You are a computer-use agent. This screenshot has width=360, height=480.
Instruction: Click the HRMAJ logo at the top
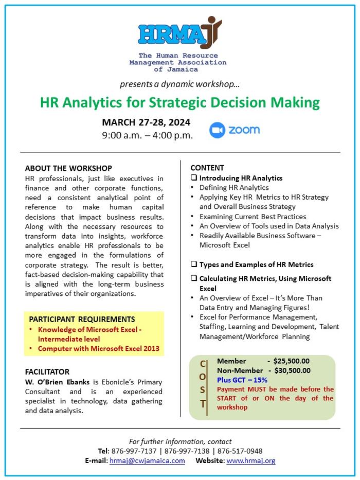pyautogui.click(x=180, y=33)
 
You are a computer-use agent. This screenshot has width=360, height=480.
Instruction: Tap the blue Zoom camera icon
pyautogui.click(x=217, y=130)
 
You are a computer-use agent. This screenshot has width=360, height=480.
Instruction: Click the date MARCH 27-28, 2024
pyautogui.click(x=146, y=122)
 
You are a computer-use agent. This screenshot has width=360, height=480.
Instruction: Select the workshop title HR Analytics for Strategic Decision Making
pyautogui.click(x=180, y=102)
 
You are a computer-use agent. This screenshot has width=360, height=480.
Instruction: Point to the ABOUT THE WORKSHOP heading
pyautogui.click(x=68, y=168)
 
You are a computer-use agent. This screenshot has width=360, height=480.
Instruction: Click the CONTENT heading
pyautogui.click(x=207, y=168)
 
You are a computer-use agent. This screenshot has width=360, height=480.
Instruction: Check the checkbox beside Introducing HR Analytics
pyautogui.click(x=194, y=177)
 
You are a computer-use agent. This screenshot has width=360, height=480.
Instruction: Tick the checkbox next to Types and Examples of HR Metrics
pyautogui.click(x=194, y=264)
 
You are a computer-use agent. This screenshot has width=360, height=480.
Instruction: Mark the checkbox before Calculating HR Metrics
pyautogui.click(x=194, y=278)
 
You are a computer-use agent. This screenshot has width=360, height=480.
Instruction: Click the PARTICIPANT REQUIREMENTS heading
pyautogui.click(x=82, y=319)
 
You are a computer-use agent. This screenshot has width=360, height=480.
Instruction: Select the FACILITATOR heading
pyautogui.click(x=47, y=371)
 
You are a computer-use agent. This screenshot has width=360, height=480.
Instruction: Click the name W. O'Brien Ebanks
pyautogui.click(x=57, y=382)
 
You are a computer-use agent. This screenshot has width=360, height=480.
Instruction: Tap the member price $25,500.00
pyautogui.click(x=292, y=361)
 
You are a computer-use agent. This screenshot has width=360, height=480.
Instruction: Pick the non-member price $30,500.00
pyautogui.click(x=292, y=370)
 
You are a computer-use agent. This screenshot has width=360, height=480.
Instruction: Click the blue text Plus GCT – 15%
pyautogui.click(x=242, y=380)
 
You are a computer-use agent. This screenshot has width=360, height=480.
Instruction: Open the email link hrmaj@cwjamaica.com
pyautogui.click(x=147, y=461)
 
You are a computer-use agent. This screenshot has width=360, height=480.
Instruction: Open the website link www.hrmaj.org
pyautogui.click(x=251, y=461)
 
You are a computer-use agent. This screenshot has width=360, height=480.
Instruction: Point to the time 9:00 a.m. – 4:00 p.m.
pyautogui.click(x=148, y=135)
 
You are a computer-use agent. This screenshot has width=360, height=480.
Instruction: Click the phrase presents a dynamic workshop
pyautogui.click(x=179, y=84)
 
